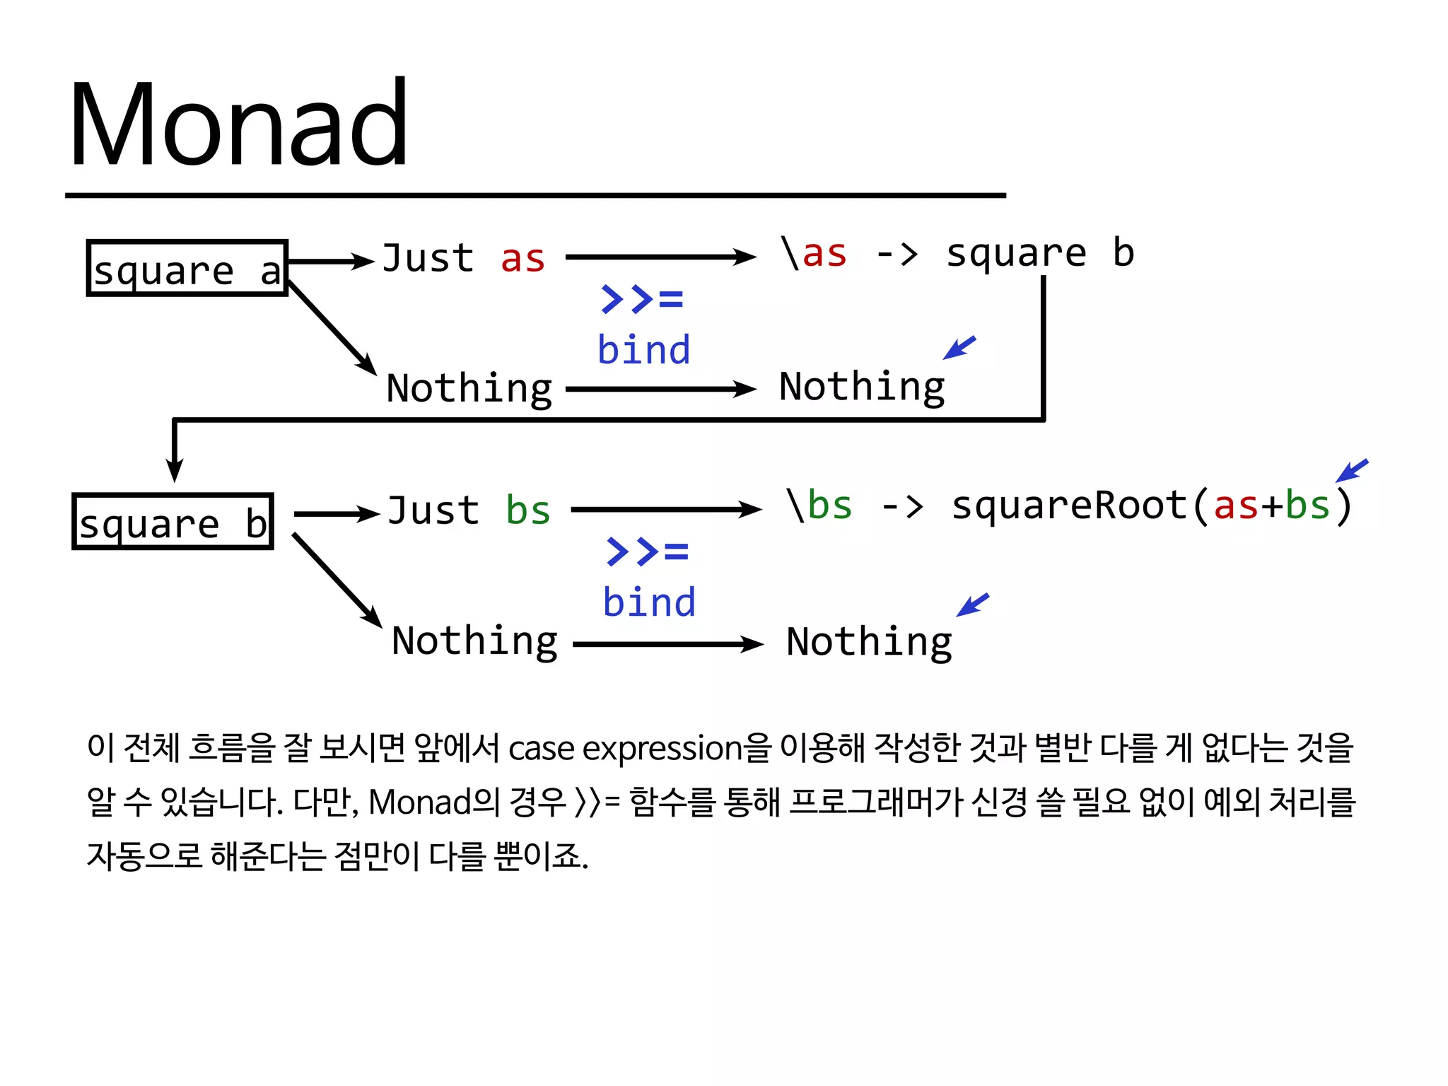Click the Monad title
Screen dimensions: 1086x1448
pyautogui.click(x=239, y=126)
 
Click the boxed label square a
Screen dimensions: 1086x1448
pyautogui.click(x=187, y=269)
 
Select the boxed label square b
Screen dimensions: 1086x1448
pyautogui.click(x=173, y=522)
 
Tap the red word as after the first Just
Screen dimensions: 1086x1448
pyautogui.click(x=522, y=259)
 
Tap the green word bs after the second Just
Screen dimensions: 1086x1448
pyautogui.click(x=527, y=511)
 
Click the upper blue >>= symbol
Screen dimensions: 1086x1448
pyautogui.click(x=642, y=299)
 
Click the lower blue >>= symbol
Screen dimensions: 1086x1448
pyautogui.click(x=647, y=551)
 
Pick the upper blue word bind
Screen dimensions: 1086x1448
pyautogui.click(x=643, y=351)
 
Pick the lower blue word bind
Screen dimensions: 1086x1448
pyautogui.click(x=649, y=603)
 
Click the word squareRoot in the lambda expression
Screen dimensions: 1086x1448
pyautogui.click(x=1069, y=507)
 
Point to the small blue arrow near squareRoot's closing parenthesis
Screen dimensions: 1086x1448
pyautogui.click(x=1351, y=471)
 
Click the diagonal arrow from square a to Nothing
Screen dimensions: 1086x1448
pyautogui.click(x=332, y=328)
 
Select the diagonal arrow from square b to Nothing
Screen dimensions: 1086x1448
pyautogui.click(x=337, y=580)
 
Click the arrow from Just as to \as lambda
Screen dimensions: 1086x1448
pyautogui.click(x=660, y=257)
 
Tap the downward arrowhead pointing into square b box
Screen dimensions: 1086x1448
pyautogui.click(x=175, y=469)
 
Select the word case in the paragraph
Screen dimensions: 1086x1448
pyautogui.click(x=541, y=749)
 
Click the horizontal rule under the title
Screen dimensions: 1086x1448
pyautogui.click(x=535, y=195)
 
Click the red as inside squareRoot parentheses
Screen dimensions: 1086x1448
pyautogui.click(x=1235, y=507)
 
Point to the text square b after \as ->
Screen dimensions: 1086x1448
pyautogui.click(x=1039, y=254)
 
